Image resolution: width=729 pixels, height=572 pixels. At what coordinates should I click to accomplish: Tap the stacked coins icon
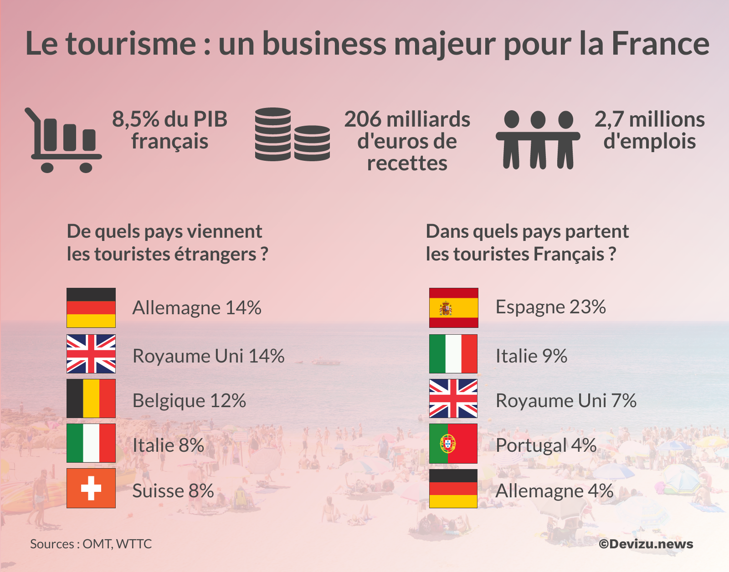[292, 135]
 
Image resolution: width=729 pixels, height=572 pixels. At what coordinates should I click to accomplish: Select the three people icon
[538, 139]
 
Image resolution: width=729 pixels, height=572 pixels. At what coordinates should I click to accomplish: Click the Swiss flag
[91, 488]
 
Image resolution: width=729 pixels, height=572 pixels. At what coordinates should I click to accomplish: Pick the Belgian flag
[91, 398]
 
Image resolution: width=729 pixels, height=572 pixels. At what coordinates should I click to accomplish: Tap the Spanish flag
[453, 308]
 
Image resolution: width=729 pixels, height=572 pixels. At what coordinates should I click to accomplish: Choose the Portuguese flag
[453, 444]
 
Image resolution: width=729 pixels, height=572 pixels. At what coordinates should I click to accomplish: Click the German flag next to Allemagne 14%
[91, 308]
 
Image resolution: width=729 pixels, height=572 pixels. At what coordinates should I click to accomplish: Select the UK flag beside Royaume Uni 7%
[453, 398]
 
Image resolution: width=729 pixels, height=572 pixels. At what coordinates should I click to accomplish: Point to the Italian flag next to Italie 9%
[453, 354]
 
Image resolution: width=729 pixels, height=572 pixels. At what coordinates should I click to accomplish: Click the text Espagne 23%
[550, 307]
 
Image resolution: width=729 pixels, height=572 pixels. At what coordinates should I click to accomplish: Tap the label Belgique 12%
[189, 401]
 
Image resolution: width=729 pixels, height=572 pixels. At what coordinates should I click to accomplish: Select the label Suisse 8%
[173, 491]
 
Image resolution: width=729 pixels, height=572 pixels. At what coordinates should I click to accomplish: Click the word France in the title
[660, 44]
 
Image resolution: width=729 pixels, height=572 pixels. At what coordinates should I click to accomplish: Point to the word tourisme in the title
[131, 44]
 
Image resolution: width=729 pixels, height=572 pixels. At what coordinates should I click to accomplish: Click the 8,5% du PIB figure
[169, 120]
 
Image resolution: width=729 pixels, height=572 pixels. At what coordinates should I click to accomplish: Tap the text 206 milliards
[407, 120]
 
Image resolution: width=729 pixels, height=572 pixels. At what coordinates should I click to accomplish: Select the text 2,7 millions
[649, 120]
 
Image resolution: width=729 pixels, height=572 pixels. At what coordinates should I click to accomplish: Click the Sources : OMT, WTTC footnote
[91, 544]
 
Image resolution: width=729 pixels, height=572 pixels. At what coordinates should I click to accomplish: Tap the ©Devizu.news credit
[646, 544]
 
